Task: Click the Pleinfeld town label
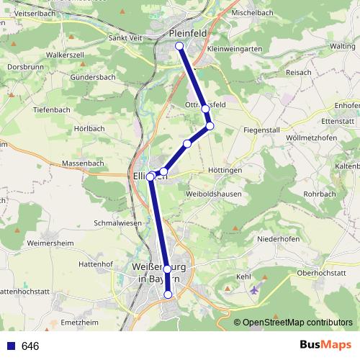[188, 33]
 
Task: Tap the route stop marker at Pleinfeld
[179, 47]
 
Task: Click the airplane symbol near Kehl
[253, 289]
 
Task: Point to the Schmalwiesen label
[117, 223]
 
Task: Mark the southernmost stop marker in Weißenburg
[168, 294]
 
